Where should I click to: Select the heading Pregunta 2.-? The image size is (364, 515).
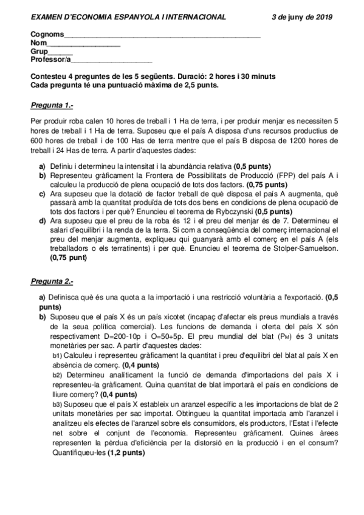coord(52,282)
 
